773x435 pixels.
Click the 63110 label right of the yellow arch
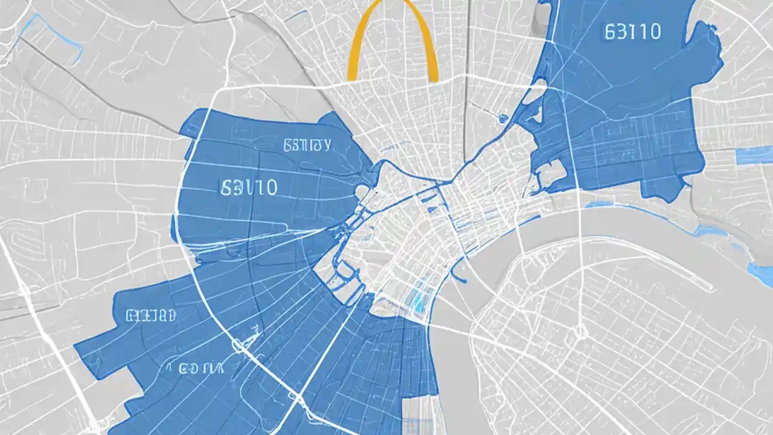tap(632, 32)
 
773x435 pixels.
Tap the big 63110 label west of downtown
tap(249, 188)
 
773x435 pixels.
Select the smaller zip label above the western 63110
tap(307, 145)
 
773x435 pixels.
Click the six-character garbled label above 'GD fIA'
tap(151, 315)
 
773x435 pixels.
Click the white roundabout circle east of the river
tap(580, 331)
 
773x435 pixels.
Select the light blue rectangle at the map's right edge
tap(754, 155)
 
